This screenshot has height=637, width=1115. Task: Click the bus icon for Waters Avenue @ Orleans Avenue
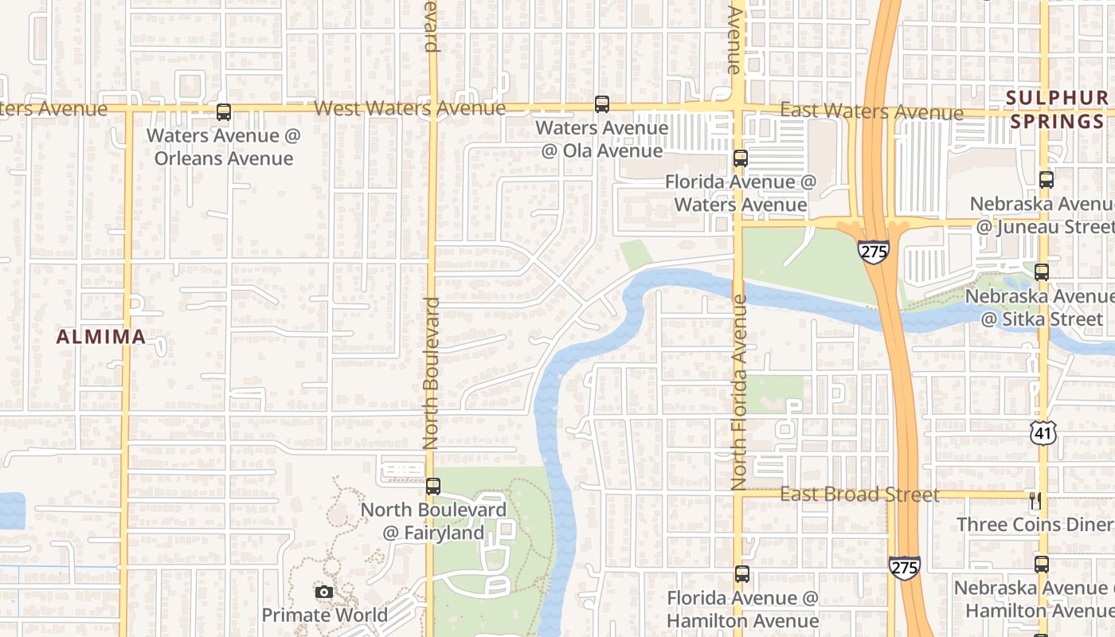pos(224,112)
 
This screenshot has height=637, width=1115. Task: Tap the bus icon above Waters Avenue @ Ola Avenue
pos(602,104)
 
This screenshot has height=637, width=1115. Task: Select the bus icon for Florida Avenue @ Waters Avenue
pos(741,158)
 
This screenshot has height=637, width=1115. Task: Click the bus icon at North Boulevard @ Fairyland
pos(433,486)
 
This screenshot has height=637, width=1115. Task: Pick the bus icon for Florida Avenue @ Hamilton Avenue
pos(742,574)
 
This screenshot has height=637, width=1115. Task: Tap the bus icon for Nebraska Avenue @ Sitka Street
pos(1042,272)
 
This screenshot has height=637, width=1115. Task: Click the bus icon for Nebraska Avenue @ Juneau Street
pos(1047,180)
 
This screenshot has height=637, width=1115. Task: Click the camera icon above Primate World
pos(324,592)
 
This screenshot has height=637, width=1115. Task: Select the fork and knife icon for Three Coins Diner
pos(1035,500)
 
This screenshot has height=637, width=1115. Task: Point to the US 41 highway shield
pos(1043,432)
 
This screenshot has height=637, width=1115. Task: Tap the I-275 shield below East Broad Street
pos(904,567)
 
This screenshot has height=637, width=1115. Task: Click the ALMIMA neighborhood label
pos(101,337)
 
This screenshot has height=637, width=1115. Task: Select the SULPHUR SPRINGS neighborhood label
pos(1055,110)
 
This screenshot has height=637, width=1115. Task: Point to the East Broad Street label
pos(859,494)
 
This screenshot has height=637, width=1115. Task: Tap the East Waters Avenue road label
pos(871,111)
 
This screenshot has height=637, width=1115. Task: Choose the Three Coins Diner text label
pos(1034,525)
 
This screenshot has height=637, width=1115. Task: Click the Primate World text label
pos(325,615)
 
